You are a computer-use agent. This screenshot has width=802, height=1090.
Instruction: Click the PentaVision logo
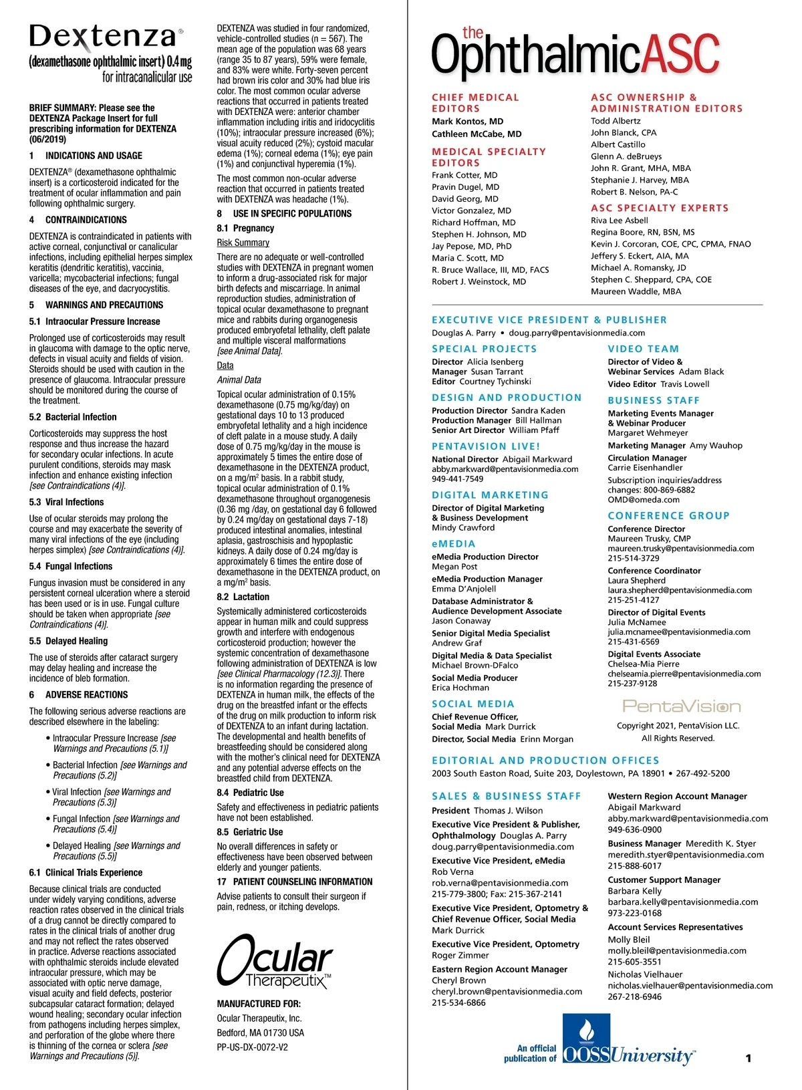click(682, 706)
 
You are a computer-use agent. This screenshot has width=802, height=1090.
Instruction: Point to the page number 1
click(748, 1058)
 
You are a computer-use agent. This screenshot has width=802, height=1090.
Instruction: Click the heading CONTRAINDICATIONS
click(86, 220)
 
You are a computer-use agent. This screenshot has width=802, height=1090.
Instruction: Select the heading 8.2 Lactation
click(243, 597)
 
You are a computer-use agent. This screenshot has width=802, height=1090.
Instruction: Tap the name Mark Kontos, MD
click(467, 122)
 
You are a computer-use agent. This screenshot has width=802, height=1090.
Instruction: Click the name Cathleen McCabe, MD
click(477, 134)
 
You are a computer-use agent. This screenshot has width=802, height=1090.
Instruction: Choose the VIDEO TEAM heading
click(643, 349)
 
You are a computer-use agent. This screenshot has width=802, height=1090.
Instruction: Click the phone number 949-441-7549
click(457, 479)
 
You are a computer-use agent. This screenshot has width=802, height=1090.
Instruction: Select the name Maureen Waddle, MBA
click(636, 291)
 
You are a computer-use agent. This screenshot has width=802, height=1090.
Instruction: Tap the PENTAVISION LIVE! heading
click(486, 446)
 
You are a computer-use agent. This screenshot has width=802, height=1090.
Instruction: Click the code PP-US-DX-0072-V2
click(252, 1047)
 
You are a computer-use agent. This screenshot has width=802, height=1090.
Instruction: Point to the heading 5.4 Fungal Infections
click(71, 566)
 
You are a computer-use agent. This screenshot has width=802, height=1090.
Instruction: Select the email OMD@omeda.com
click(634, 500)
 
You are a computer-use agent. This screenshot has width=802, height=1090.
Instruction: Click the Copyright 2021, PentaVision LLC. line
click(678, 726)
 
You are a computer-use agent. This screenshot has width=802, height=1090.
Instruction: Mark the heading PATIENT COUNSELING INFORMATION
click(303, 881)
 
